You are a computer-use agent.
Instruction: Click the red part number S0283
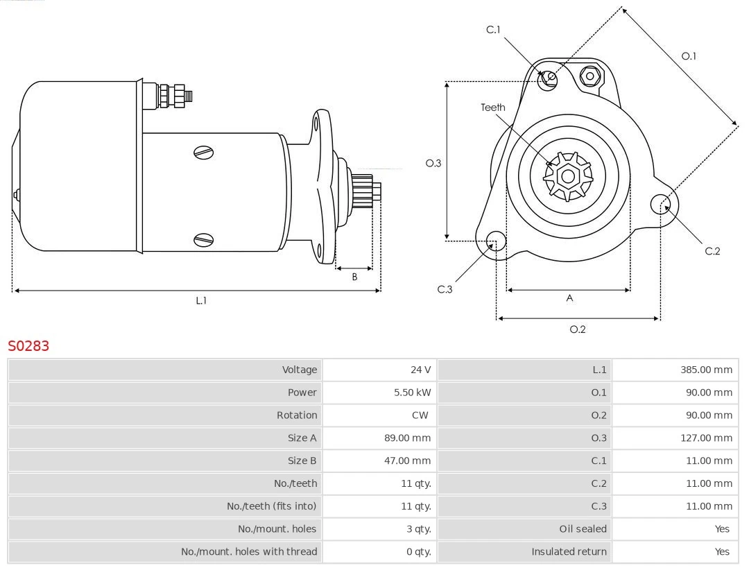(x=28, y=345)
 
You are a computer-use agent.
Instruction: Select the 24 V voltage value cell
(x=420, y=370)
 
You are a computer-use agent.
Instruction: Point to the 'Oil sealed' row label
(x=583, y=529)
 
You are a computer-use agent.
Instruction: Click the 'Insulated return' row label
(x=569, y=552)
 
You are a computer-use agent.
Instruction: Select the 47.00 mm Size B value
(x=412, y=461)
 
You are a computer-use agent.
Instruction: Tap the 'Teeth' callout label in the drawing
(x=493, y=107)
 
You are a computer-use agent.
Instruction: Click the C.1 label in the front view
(x=493, y=30)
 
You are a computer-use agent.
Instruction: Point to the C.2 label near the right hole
(x=712, y=251)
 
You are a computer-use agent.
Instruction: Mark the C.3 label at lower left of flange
(x=445, y=289)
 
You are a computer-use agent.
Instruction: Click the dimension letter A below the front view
(x=569, y=298)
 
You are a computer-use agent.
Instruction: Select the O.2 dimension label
(x=578, y=329)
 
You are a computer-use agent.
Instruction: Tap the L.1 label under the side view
(x=200, y=301)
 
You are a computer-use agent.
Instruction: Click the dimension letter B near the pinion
(x=354, y=277)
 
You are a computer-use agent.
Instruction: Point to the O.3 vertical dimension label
(x=433, y=164)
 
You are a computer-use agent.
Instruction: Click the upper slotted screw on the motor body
(x=204, y=153)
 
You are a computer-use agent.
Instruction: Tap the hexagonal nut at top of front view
(x=590, y=76)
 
